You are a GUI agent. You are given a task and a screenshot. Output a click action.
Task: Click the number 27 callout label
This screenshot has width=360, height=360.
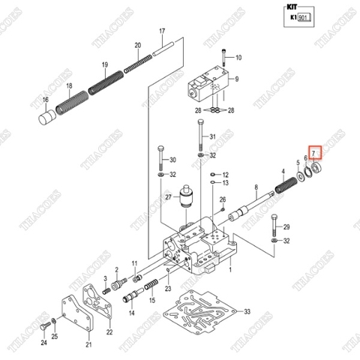tap(169, 198)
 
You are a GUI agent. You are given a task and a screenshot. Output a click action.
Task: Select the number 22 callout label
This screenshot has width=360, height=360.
tap(109, 331)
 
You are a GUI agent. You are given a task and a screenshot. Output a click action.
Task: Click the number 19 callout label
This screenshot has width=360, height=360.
tap(104, 64)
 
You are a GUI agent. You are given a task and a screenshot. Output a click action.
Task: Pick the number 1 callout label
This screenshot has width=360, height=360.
tap(229, 268)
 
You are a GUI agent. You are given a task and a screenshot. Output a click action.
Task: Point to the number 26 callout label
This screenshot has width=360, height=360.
tap(222, 199)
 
